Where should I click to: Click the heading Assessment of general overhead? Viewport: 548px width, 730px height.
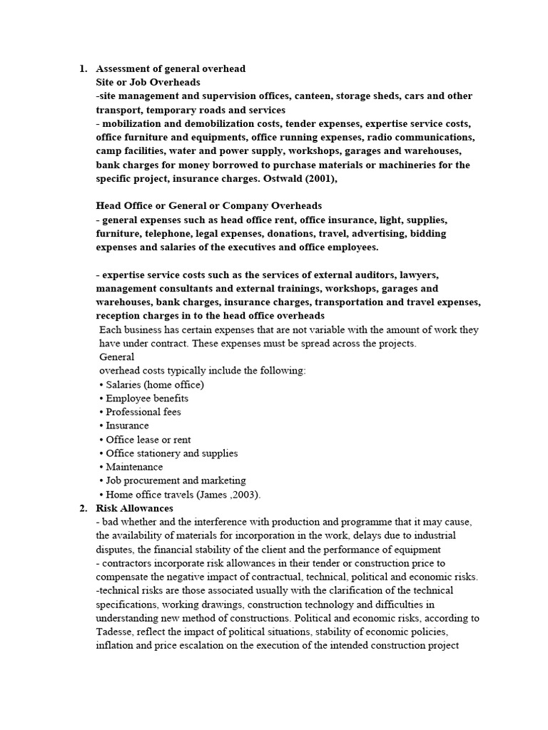171,69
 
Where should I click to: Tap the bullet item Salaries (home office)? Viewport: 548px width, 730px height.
152,384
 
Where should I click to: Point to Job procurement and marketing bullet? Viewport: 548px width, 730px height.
173,480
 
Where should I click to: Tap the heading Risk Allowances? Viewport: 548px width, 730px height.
134,508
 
